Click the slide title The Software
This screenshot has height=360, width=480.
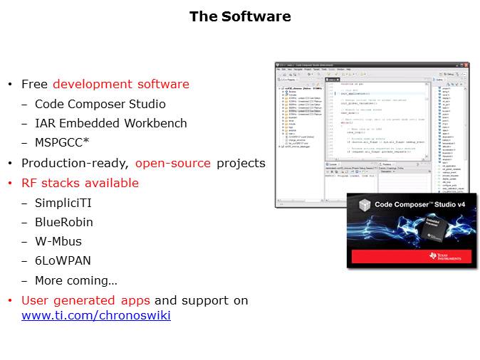click(240, 16)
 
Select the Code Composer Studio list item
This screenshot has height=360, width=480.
click(100, 104)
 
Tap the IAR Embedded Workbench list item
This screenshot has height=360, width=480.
click(111, 123)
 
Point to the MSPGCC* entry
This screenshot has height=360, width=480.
click(62, 142)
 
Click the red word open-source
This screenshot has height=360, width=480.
click(173, 163)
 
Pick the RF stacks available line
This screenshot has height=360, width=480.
click(80, 183)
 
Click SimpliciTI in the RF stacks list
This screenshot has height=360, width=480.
click(63, 203)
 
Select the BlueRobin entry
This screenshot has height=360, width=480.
click(64, 222)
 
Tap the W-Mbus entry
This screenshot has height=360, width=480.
click(58, 241)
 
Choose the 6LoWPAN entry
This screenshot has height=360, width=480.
click(63, 261)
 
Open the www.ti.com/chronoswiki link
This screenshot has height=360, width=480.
click(96, 315)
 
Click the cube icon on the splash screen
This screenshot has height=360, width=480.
click(364, 204)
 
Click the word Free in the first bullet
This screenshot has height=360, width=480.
click(35, 84)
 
